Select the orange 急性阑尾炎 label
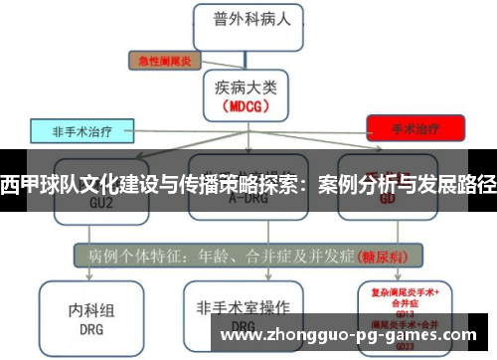tap(165, 60)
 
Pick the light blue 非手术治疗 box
tap(85, 130)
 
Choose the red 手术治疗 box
tap(415, 128)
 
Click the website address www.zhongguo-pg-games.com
tap(354, 334)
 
